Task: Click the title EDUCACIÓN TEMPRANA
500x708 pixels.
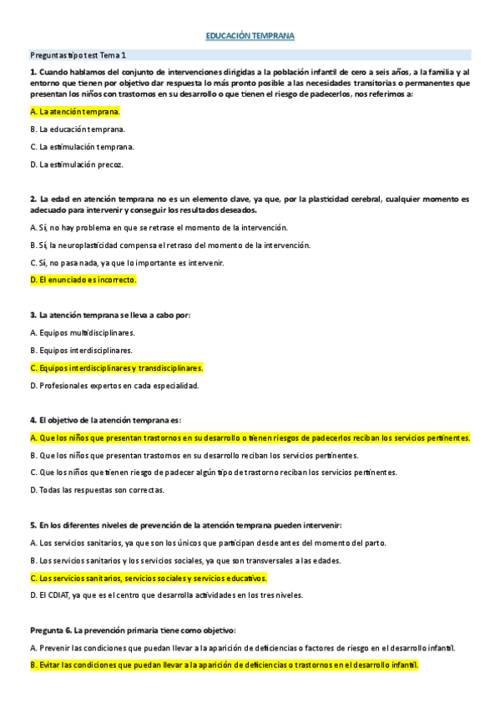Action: (250, 37)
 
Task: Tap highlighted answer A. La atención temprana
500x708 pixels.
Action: (74, 111)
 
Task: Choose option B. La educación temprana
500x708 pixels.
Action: (77, 129)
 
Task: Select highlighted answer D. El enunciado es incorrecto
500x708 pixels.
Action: (82, 280)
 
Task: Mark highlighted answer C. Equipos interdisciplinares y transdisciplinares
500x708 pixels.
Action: (116, 367)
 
